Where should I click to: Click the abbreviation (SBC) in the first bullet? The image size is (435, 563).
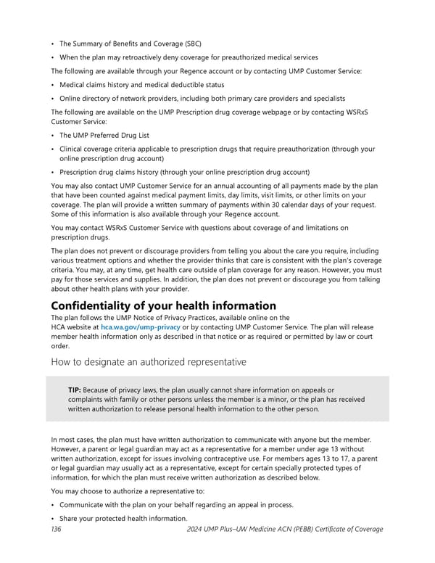(189, 44)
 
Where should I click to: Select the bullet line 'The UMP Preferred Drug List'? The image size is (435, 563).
(105, 135)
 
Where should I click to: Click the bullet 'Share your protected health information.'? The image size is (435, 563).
(123, 517)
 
